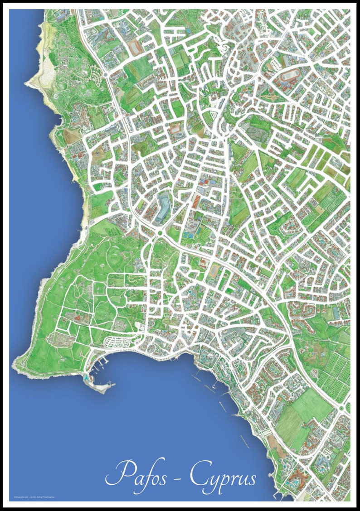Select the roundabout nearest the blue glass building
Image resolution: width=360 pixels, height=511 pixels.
pos(160,233)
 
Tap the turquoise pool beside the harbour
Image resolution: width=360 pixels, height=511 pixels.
pos(86,376)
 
